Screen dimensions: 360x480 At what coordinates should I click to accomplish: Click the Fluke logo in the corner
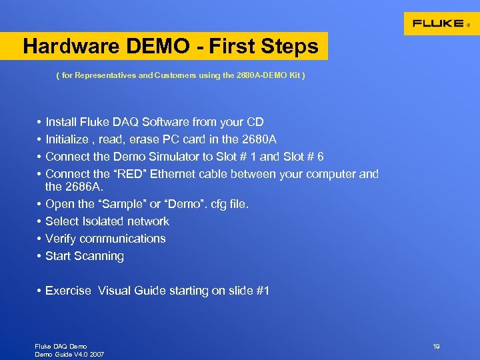pos(440,23)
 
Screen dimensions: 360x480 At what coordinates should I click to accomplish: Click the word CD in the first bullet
pos(255,122)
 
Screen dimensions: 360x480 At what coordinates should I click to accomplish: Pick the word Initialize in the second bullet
pos(67,139)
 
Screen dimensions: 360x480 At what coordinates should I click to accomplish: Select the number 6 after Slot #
pos(321,157)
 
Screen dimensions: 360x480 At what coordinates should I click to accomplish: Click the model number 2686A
pos(64,187)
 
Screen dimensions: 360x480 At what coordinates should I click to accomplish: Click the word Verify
pos(61,239)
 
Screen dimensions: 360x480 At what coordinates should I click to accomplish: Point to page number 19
pos(436,347)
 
